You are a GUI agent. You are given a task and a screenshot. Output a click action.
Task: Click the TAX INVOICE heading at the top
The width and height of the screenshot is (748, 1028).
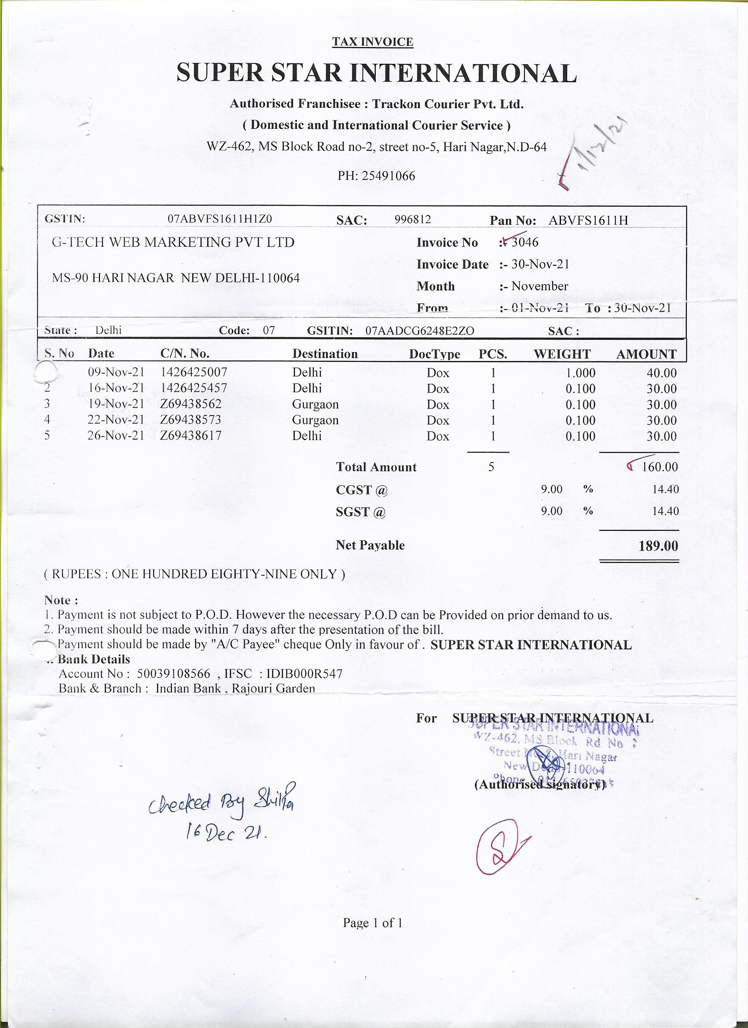point(372,42)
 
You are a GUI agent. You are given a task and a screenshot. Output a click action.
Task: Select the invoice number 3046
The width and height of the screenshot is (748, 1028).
point(525,243)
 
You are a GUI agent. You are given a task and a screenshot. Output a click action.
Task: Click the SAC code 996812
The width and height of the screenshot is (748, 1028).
point(413,220)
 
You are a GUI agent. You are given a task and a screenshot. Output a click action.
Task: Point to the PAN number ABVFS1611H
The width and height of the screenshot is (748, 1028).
point(588,220)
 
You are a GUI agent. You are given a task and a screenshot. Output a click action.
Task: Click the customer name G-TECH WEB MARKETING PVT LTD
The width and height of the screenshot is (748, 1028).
point(173,243)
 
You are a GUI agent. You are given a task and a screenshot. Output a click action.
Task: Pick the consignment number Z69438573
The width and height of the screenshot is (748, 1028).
point(191,420)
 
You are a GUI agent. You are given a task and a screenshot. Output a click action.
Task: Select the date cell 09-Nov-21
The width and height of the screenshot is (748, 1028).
point(116,372)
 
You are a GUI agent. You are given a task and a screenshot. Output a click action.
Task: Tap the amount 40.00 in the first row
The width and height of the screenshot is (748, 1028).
point(661,373)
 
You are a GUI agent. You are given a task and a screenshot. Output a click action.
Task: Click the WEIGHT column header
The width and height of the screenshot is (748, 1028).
point(562,354)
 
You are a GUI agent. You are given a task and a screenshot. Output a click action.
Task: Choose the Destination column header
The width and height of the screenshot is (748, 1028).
point(325,354)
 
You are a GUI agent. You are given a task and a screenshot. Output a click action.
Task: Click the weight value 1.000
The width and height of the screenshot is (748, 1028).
point(581,373)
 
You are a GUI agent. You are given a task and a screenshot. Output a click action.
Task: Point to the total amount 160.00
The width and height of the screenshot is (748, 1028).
point(660,467)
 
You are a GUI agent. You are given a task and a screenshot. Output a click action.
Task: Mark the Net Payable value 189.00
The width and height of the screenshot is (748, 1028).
point(658,546)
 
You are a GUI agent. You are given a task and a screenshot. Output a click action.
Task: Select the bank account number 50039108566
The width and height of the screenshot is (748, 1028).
point(174,674)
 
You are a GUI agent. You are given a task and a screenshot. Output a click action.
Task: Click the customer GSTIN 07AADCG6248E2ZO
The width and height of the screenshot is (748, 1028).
point(420,331)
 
